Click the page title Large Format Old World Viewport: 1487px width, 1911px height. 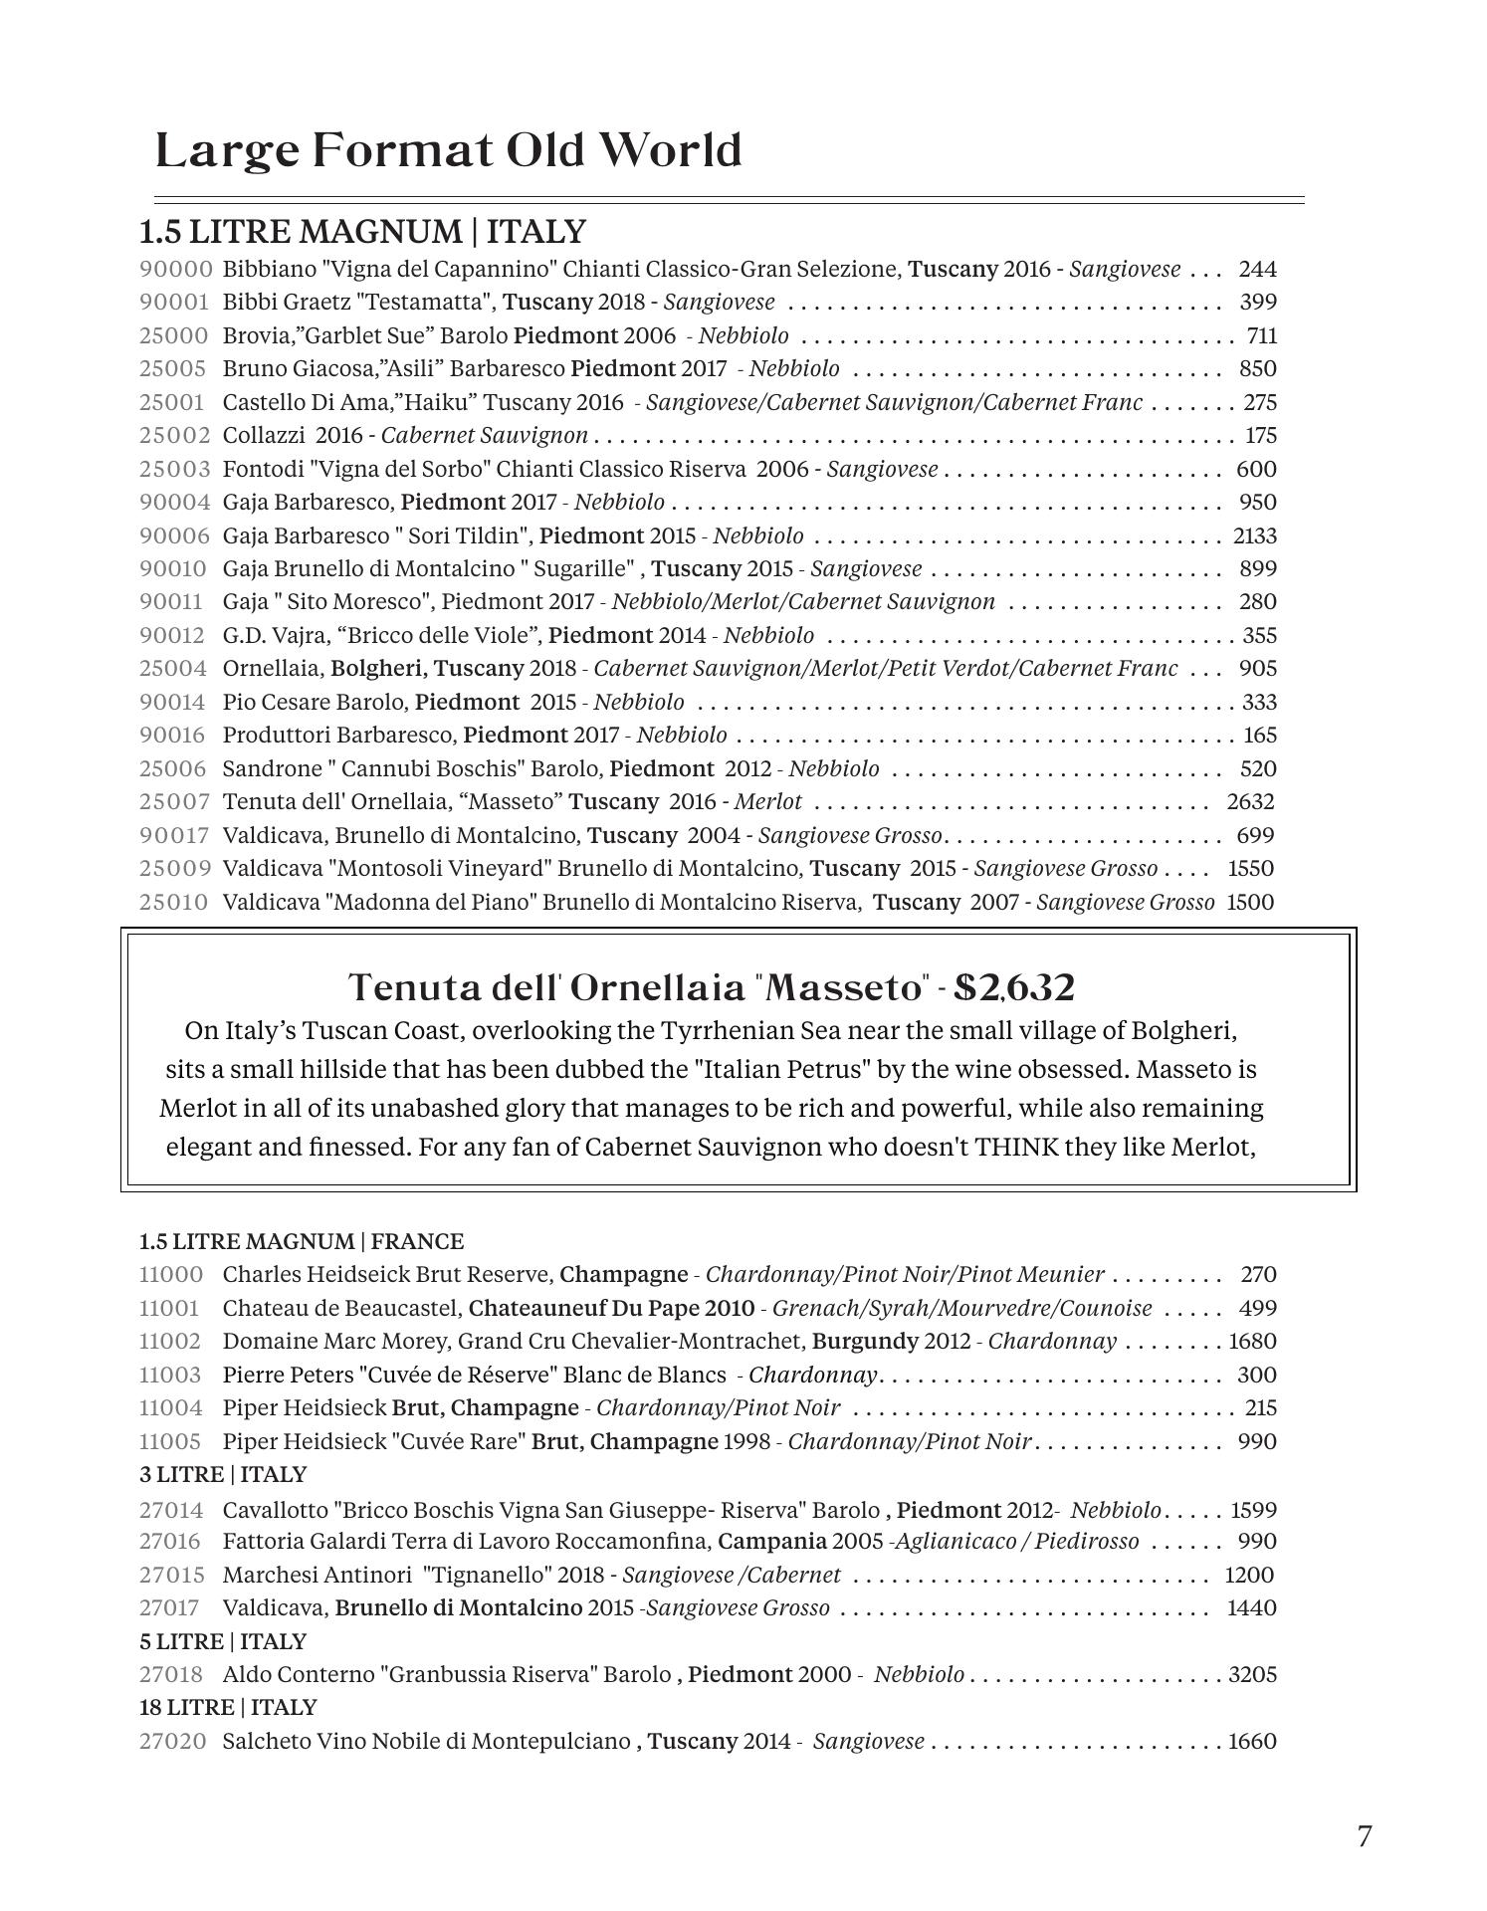448,151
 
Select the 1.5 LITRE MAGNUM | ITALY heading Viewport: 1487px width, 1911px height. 362,232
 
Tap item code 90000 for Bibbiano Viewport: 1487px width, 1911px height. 176,269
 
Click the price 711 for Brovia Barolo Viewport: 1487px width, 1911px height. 1261,335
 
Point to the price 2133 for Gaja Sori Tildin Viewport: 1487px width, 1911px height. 1254,535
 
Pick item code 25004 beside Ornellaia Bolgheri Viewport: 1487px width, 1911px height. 174,669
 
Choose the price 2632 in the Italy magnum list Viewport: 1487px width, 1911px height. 1250,802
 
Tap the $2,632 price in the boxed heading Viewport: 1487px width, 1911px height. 1014,987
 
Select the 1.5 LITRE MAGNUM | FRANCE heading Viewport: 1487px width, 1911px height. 302,1241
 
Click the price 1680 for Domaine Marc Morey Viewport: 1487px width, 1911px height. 1252,1342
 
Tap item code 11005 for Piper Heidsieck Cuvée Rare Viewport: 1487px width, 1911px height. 170,1441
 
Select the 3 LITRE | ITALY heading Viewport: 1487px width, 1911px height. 223,1474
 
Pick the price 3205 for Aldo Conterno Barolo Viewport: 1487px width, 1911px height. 1252,1675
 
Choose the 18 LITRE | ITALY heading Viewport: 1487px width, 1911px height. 228,1708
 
